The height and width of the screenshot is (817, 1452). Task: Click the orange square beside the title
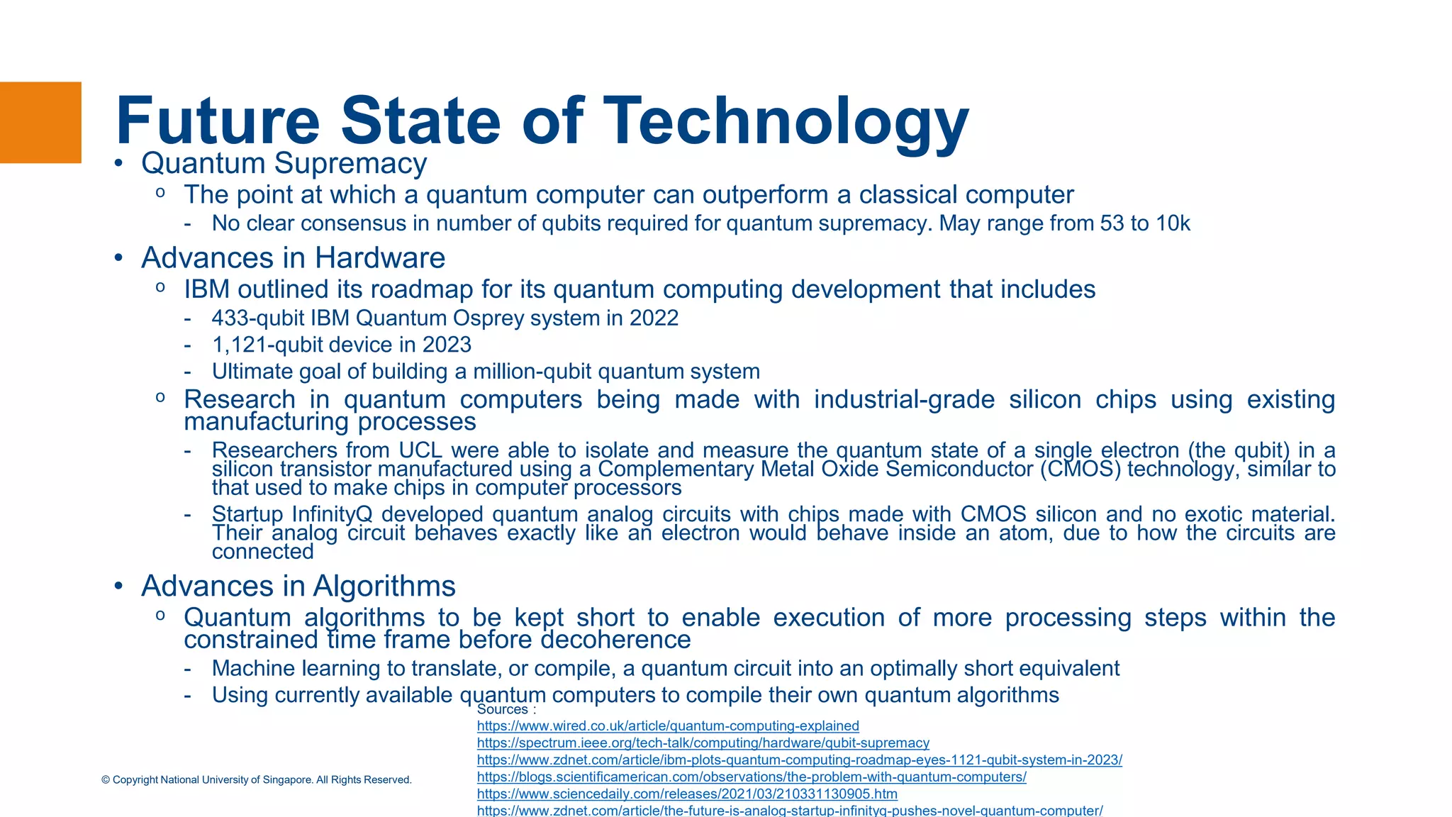tap(40, 123)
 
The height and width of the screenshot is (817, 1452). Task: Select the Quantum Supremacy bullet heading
tap(284, 164)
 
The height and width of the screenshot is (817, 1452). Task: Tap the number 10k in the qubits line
tap(1173, 223)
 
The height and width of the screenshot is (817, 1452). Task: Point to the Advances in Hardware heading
tap(293, 258)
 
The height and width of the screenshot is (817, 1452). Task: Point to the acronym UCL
tap(420, 450)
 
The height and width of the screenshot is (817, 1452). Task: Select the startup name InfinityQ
tap(332, 514)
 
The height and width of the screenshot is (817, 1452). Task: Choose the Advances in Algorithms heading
tap(298, 587)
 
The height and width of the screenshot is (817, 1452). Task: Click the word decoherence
tap(615, 640)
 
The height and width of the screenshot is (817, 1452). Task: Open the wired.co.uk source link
tap(668, 726)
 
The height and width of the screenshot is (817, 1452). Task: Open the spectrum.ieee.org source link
tap(703, 743)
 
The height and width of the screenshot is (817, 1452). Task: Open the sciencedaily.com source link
tap(687, 794)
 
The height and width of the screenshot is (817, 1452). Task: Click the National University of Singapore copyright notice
tap(257, 780)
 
